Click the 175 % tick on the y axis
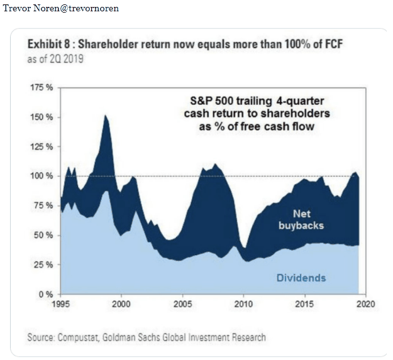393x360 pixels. tap(42, 87)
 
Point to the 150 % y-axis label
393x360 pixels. tap(42, 117)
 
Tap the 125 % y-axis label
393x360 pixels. tap(42, 146)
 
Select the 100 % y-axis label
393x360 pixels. tap(42, 176)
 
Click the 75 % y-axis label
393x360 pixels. tap(44, 205)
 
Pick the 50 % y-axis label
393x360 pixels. tap(44, 235)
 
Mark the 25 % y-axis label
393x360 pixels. tap(44, 265)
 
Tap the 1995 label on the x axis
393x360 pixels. tap(60, 304)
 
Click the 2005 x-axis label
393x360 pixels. tap(182, 304)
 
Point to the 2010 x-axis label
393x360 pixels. tap(243, 304)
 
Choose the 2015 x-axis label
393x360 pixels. tap(304, 304)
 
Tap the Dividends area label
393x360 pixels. tap(301, 277)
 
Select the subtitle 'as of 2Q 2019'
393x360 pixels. tap(55, 60)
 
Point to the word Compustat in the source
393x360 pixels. tap(83, 337)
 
